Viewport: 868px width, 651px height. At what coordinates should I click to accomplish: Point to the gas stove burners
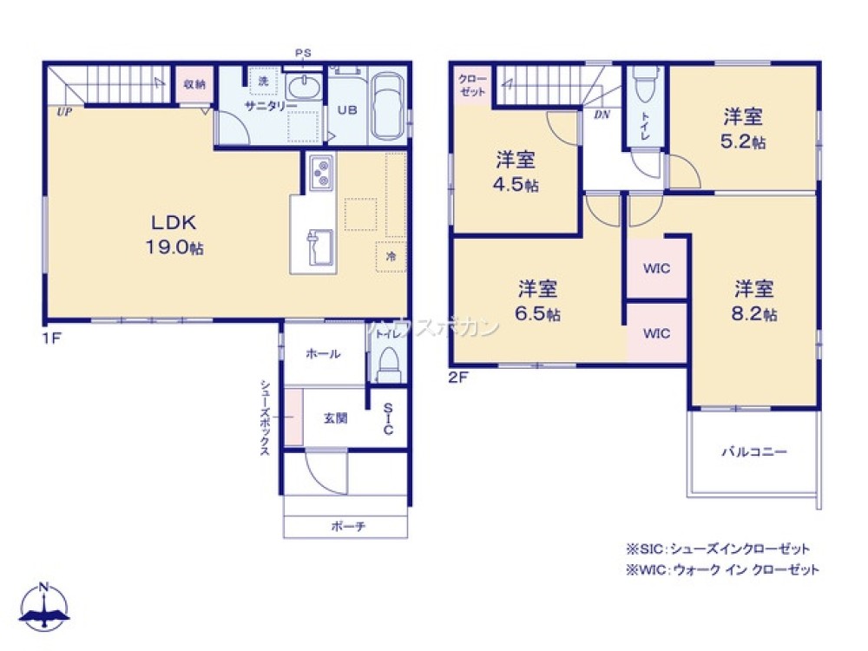pos(319,173)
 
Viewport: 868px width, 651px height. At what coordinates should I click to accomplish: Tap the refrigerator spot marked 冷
pos(391,257)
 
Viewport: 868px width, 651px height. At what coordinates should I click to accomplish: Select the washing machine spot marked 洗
pos(261,82)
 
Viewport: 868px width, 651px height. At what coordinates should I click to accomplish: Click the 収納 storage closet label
pos(194,84)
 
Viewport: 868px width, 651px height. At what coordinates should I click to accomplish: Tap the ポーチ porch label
pos(347,527)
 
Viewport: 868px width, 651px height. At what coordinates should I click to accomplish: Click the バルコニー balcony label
pos(753,452)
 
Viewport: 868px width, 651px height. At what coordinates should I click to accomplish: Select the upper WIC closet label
pos(656,268)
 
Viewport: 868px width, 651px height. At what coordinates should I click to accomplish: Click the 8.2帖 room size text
pos(753,313)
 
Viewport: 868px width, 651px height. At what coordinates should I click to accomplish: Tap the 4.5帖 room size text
pos(516,185)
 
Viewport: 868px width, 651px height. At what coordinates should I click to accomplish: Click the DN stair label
pos(600,115)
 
